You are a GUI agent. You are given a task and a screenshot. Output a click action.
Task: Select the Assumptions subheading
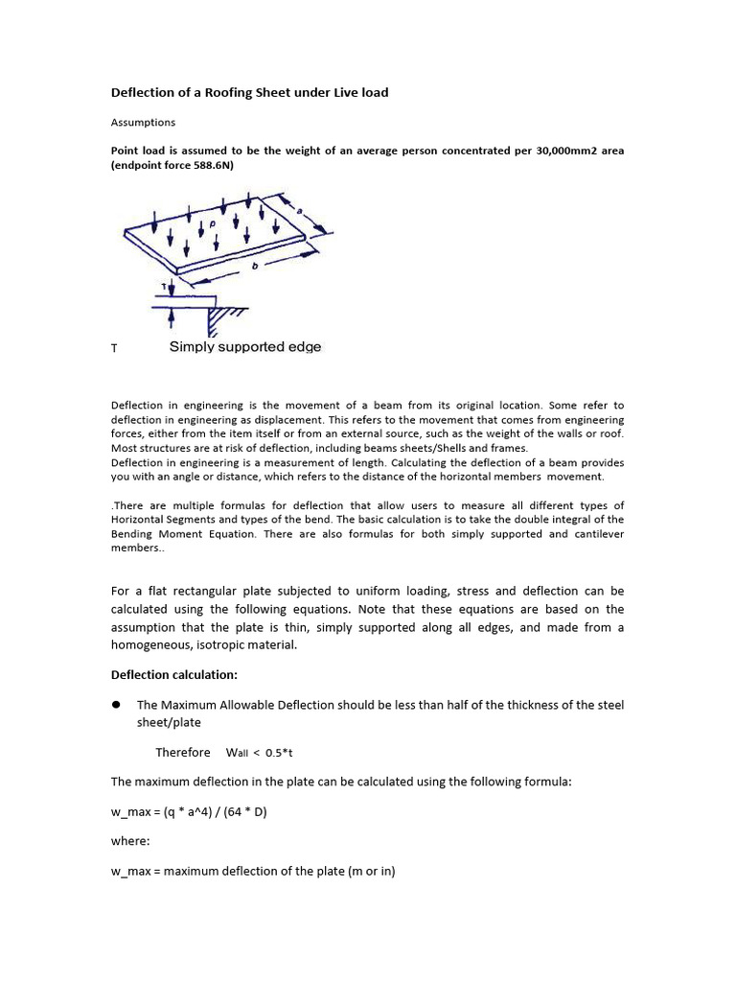[x=143, y=123]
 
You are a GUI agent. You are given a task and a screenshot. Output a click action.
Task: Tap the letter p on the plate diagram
[x=213, y=222]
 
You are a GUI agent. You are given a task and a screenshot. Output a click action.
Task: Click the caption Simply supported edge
[x=245, y=347]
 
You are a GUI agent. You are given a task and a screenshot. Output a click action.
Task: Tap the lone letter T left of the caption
[x=114, y=349]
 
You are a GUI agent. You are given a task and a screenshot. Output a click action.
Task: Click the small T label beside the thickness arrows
[x=164, y=287]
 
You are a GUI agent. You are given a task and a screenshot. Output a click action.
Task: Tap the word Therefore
[x=182, y=753]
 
